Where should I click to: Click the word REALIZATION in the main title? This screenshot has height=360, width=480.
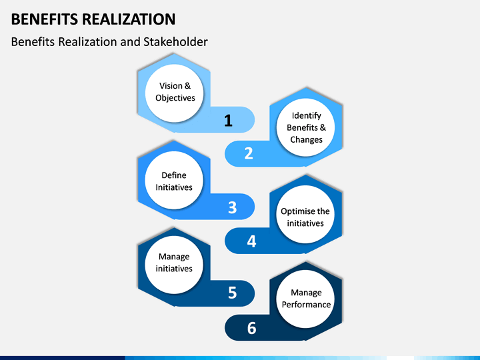(x=129, y=19)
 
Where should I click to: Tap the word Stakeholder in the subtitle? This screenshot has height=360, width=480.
(x=175, y=42)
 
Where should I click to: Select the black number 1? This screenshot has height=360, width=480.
(x=228, y=120)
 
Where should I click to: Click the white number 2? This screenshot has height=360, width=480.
(x=249, y=153)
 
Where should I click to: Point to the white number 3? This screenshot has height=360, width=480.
(x=233, y=207)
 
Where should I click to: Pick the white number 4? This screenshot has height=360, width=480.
(x=251, y=241)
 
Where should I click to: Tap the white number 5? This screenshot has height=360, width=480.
(x=233, y=293)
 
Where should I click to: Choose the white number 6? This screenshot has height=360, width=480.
(x=251, y=328)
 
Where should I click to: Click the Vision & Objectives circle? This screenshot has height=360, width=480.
(x=174, y=93)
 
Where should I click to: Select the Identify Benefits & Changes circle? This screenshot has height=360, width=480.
(x=305, y=127)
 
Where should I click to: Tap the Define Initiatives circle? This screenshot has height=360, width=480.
(x=174, y=180)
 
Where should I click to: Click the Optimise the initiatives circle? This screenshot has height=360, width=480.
(x=305, y=214)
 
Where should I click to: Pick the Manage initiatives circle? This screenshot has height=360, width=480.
(x=174, y=265)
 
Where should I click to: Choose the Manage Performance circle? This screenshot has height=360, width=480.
(x=305, y=299)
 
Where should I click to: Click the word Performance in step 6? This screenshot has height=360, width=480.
(x=306, y=305)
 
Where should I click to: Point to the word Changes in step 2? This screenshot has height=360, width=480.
(x=306, y=140)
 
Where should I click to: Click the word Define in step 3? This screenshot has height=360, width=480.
(x=174, y=175)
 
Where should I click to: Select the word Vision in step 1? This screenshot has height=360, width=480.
(x=171, y=86)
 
